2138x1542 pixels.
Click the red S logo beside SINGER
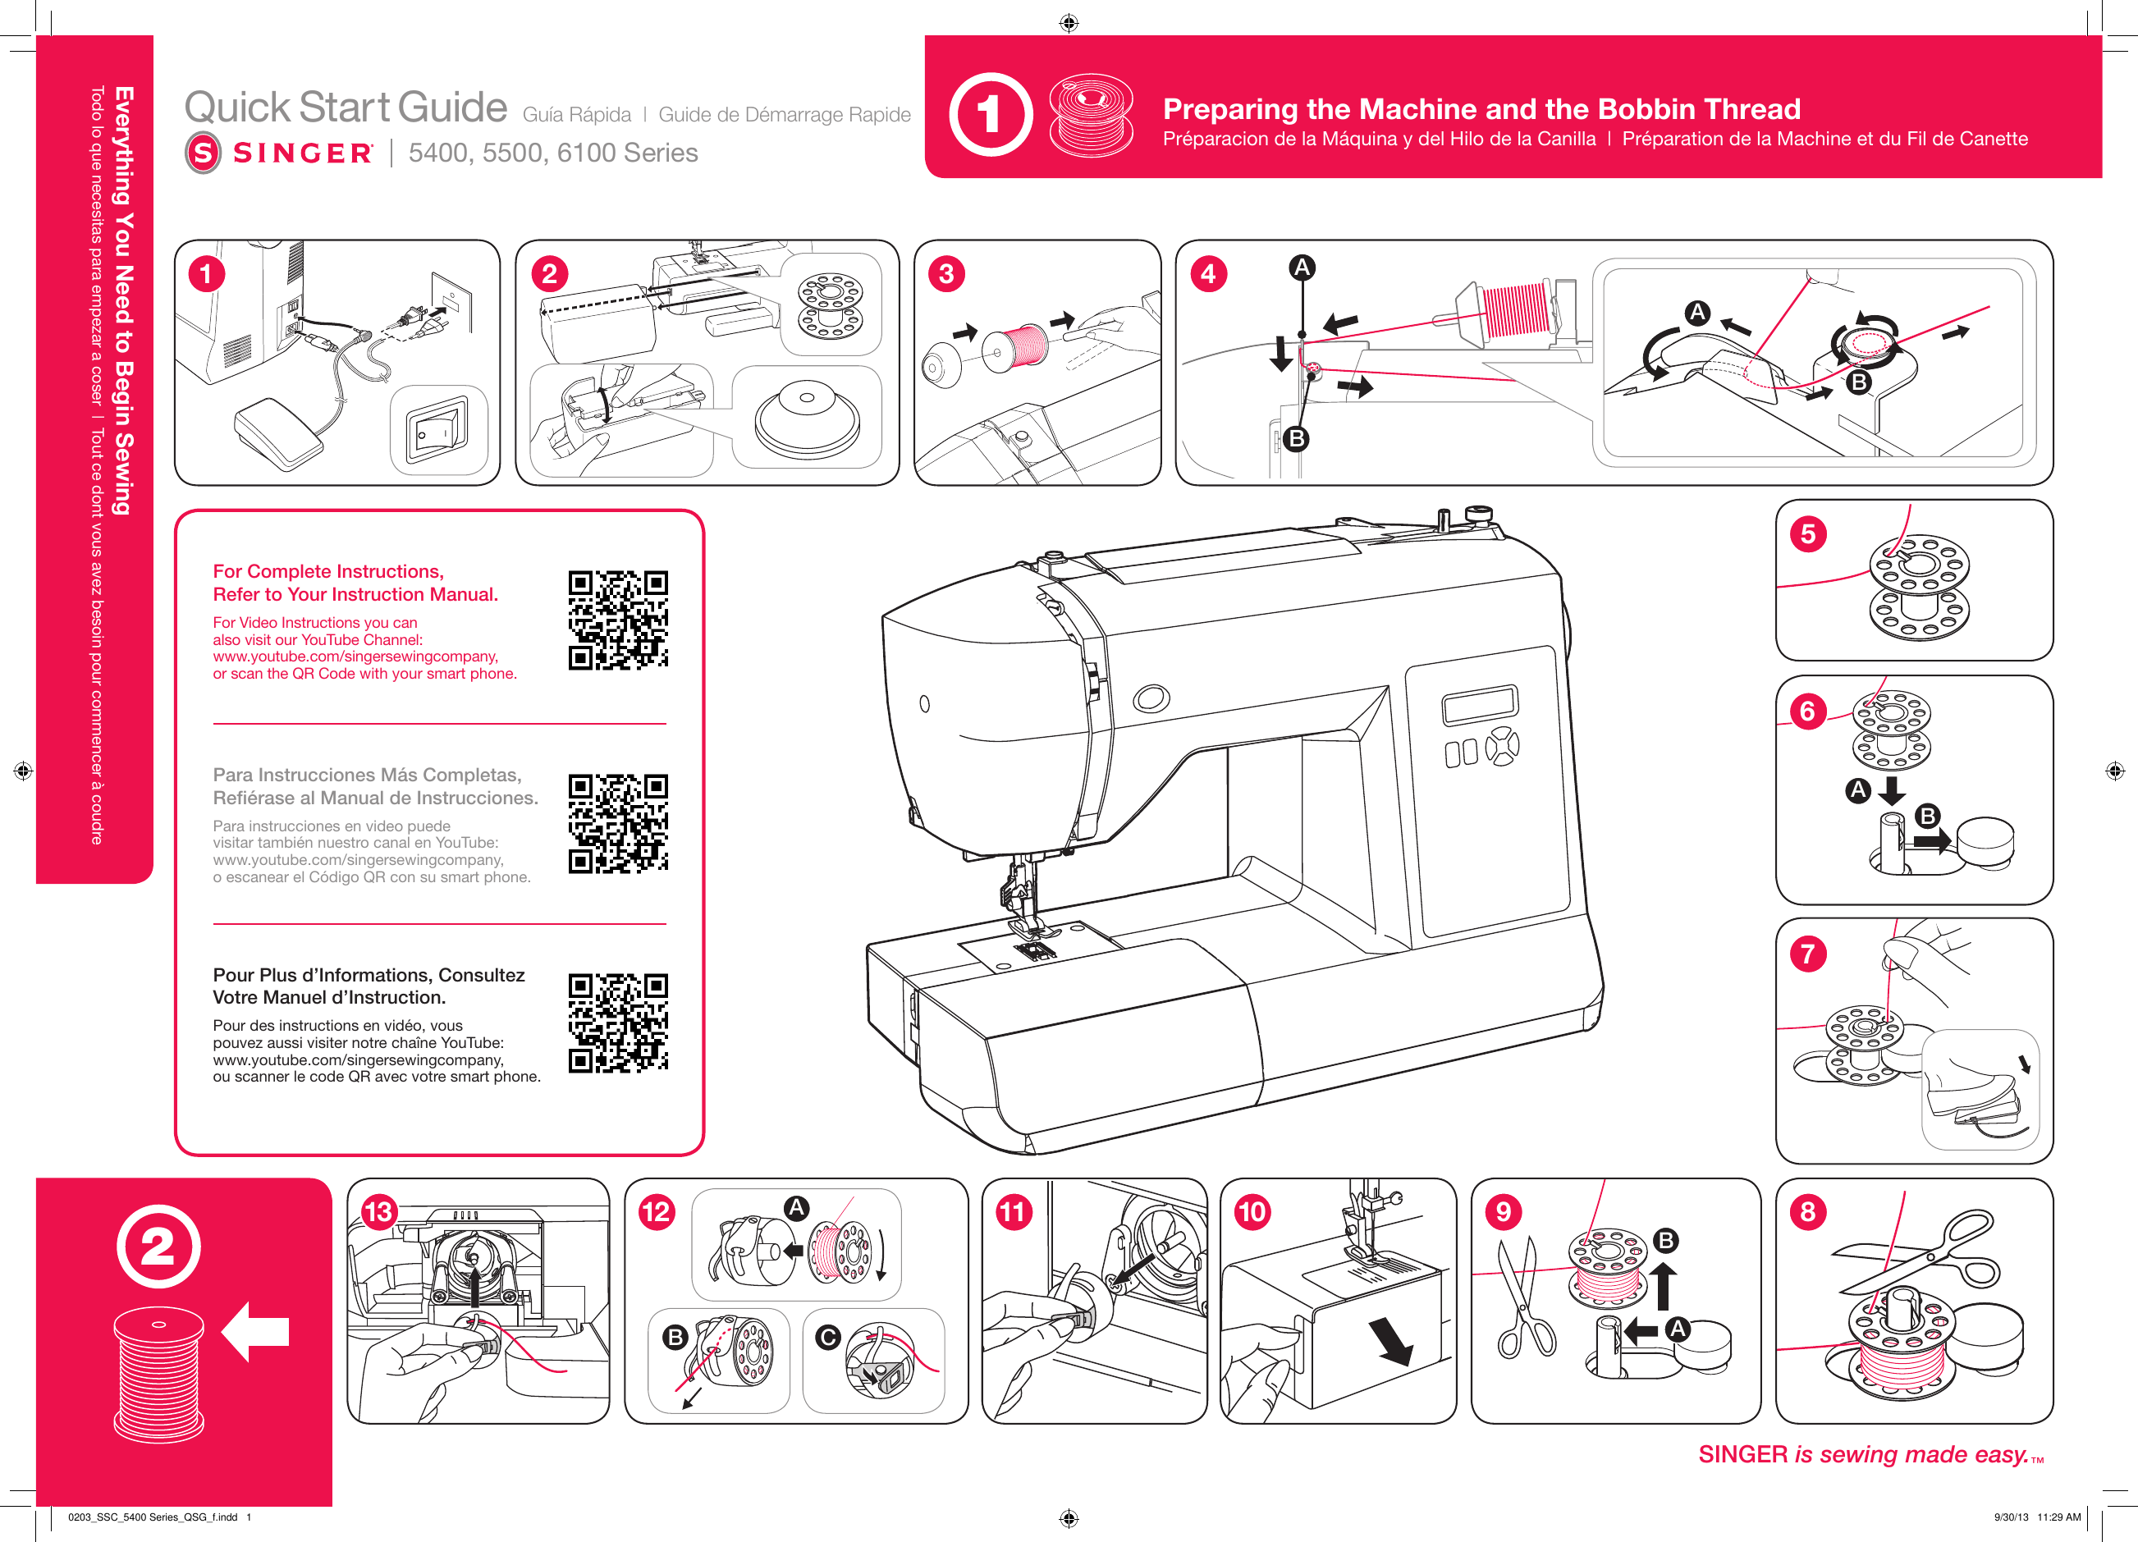[x=203, y=153]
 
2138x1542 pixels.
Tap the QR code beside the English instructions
[x=617, y=620]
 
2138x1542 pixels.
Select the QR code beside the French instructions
[x=617, y=1023]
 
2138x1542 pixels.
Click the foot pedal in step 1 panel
[x=278, y=434]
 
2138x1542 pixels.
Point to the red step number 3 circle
[x=946, y=274]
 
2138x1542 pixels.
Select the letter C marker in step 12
[x=827, y=1338]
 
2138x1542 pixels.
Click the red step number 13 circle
[x=378, y=1212]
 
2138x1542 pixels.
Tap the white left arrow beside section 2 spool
[x=255, y=1332]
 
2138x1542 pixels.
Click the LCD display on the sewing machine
[x=1479, y=704]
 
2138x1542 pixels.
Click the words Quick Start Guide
[x=346, y=108]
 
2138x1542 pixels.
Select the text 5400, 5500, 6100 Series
[x=552, y=153]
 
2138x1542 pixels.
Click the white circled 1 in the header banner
[x=990, y=114]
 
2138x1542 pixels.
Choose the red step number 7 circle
[x=1807, y=954]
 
